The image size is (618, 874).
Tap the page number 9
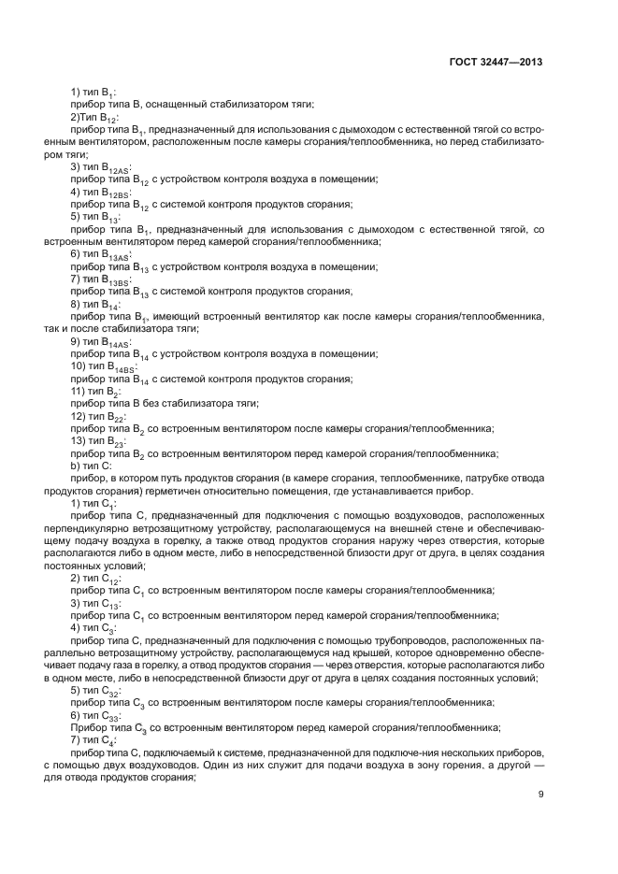tap(540, 795)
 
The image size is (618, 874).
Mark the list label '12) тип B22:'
tap(99, 416)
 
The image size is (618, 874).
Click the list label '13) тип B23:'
tap(99, 440)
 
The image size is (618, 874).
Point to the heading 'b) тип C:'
tap(91, 466)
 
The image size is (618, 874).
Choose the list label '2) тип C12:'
tap(96, 578)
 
